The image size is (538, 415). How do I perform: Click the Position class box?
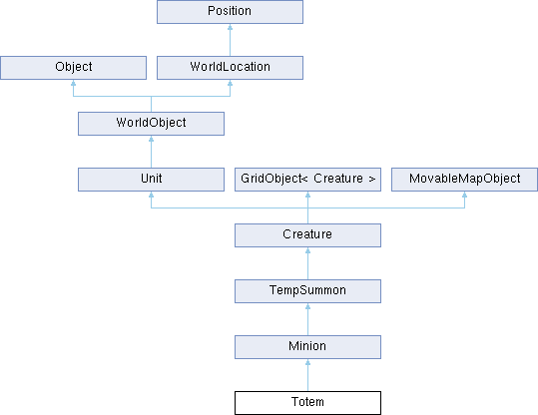(x=230, y=12)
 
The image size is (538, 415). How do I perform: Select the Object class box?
(x=74, y=68)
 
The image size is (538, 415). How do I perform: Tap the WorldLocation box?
(x=230, y=68)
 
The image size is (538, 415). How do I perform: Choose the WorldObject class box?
(x=152, y=124)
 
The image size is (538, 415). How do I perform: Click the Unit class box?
(x=152, y=180)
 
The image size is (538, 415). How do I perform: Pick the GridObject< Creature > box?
(x=307, y=180)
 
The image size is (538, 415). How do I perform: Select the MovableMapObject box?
(x=464, y=180)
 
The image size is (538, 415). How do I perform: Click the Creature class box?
(x=307, y=235)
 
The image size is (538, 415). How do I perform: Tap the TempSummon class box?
(x=307, y=291)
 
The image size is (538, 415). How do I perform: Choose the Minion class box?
(x=307, y=347)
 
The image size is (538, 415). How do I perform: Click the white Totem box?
(x=307, y=403)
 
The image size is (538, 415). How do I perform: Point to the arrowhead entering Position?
(x=230, y=27)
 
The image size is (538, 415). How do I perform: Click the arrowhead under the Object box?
(x=74, y=83)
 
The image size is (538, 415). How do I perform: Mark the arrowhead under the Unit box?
(x=152, y=195)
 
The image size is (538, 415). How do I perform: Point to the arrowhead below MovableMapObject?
(x=464, y=195)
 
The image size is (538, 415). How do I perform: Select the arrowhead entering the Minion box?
(x=307, y=362)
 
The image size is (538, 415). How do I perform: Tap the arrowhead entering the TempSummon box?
(x=307, y=306)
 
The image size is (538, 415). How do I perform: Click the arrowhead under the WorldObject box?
(x=152, y=139)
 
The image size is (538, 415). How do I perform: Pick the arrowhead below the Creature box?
(x=307, y=250)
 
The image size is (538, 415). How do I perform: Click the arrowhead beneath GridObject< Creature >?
(x=307, y=195)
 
